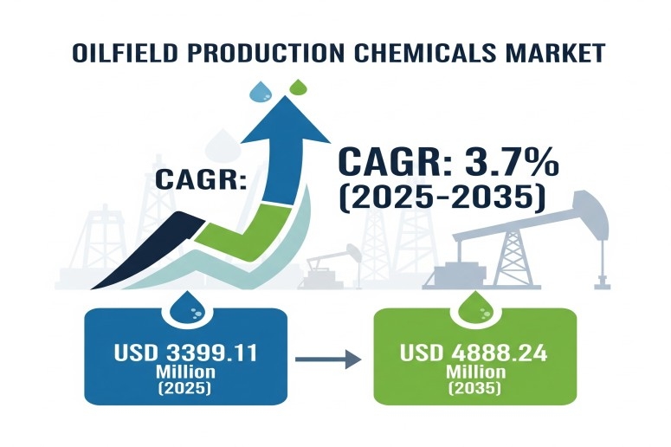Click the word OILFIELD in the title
[125, 53]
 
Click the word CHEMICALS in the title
[426, 53]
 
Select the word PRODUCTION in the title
[266, 53]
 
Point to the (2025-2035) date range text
[442, 198]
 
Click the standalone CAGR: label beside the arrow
[201, 179]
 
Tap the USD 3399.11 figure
[186, 353]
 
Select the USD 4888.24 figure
[474, 353]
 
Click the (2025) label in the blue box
[185, 388]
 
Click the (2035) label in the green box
[474, 388]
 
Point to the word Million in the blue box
[185, 372]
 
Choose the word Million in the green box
[475, 372]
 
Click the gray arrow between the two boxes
[328, 359]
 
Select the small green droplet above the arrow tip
[298, 87]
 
